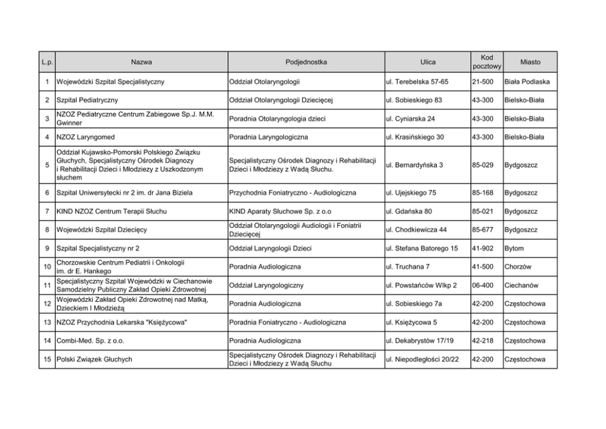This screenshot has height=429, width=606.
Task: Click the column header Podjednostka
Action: (306, 62)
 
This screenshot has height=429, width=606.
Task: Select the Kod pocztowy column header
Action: (487, 62)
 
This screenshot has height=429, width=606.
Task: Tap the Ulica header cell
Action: (428, 62)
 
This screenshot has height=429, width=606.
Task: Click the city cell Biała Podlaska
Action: (527, 81)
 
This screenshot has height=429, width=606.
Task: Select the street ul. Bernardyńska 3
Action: (414, 165)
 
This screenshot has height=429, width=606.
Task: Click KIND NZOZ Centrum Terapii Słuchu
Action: (111, 211)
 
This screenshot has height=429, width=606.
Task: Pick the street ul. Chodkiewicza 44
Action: (416, 230)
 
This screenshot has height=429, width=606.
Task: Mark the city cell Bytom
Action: (514, 249)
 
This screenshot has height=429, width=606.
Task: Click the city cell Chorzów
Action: (517, 267)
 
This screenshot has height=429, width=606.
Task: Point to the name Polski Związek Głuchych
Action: (94, 359)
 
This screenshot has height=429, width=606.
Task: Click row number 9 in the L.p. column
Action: (47, 249)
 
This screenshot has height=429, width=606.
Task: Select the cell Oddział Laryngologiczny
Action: (266, 285)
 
